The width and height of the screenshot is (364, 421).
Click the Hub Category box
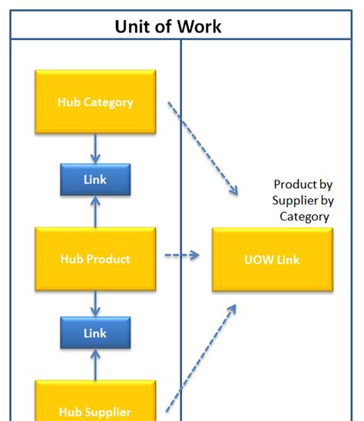pyautogui.click(x=95, y=101)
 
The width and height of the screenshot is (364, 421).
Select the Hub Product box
pyautogui.click(x=95, y=258)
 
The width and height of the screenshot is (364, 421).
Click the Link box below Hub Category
pyautogui.click(x=95, y=180)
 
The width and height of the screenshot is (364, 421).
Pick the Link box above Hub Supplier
pyautogui.click(x=95, y=333)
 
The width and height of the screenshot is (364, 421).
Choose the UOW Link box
pyautogui.click(x=272, y=260)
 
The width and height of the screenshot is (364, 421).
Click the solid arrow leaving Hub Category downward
pyautogui.click(x=95, y=148)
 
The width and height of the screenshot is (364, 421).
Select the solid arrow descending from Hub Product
pyautogui.click(x=95, y=303)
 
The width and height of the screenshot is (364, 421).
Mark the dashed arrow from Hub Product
pyautogui.click(x=182, y=254)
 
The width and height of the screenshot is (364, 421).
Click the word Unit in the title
pyautogui.click(x=131, y=27)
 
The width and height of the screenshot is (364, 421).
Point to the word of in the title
pyautogui.click(x=161, y=27)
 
